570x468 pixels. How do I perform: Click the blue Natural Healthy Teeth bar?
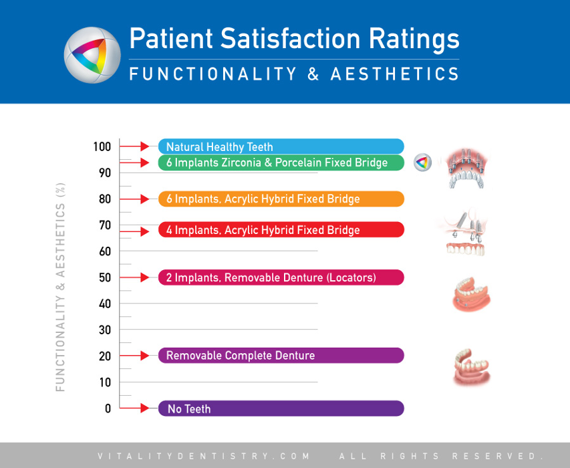281,146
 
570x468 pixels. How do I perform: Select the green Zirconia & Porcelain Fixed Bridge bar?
281,162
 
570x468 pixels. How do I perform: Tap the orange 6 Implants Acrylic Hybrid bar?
281,199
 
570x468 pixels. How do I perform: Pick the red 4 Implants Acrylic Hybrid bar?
281,229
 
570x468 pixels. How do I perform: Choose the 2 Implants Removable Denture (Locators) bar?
281,277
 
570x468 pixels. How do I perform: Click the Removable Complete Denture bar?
281,355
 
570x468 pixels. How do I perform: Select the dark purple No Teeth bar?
281,408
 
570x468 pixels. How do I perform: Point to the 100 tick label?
102,146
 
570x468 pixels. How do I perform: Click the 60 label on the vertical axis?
105,251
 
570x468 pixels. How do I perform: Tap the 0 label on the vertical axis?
108,408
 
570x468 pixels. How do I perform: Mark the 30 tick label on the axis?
105,330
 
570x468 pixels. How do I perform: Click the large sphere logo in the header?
92,55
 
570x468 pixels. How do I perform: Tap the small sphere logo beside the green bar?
423,162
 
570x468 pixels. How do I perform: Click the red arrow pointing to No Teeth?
134,408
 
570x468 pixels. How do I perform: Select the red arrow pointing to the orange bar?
134,199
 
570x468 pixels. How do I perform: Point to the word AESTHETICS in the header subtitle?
395,74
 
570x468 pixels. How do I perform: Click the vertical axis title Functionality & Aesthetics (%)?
60,287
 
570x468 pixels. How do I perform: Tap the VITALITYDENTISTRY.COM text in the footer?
204,456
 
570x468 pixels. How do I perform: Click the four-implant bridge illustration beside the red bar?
465,233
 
